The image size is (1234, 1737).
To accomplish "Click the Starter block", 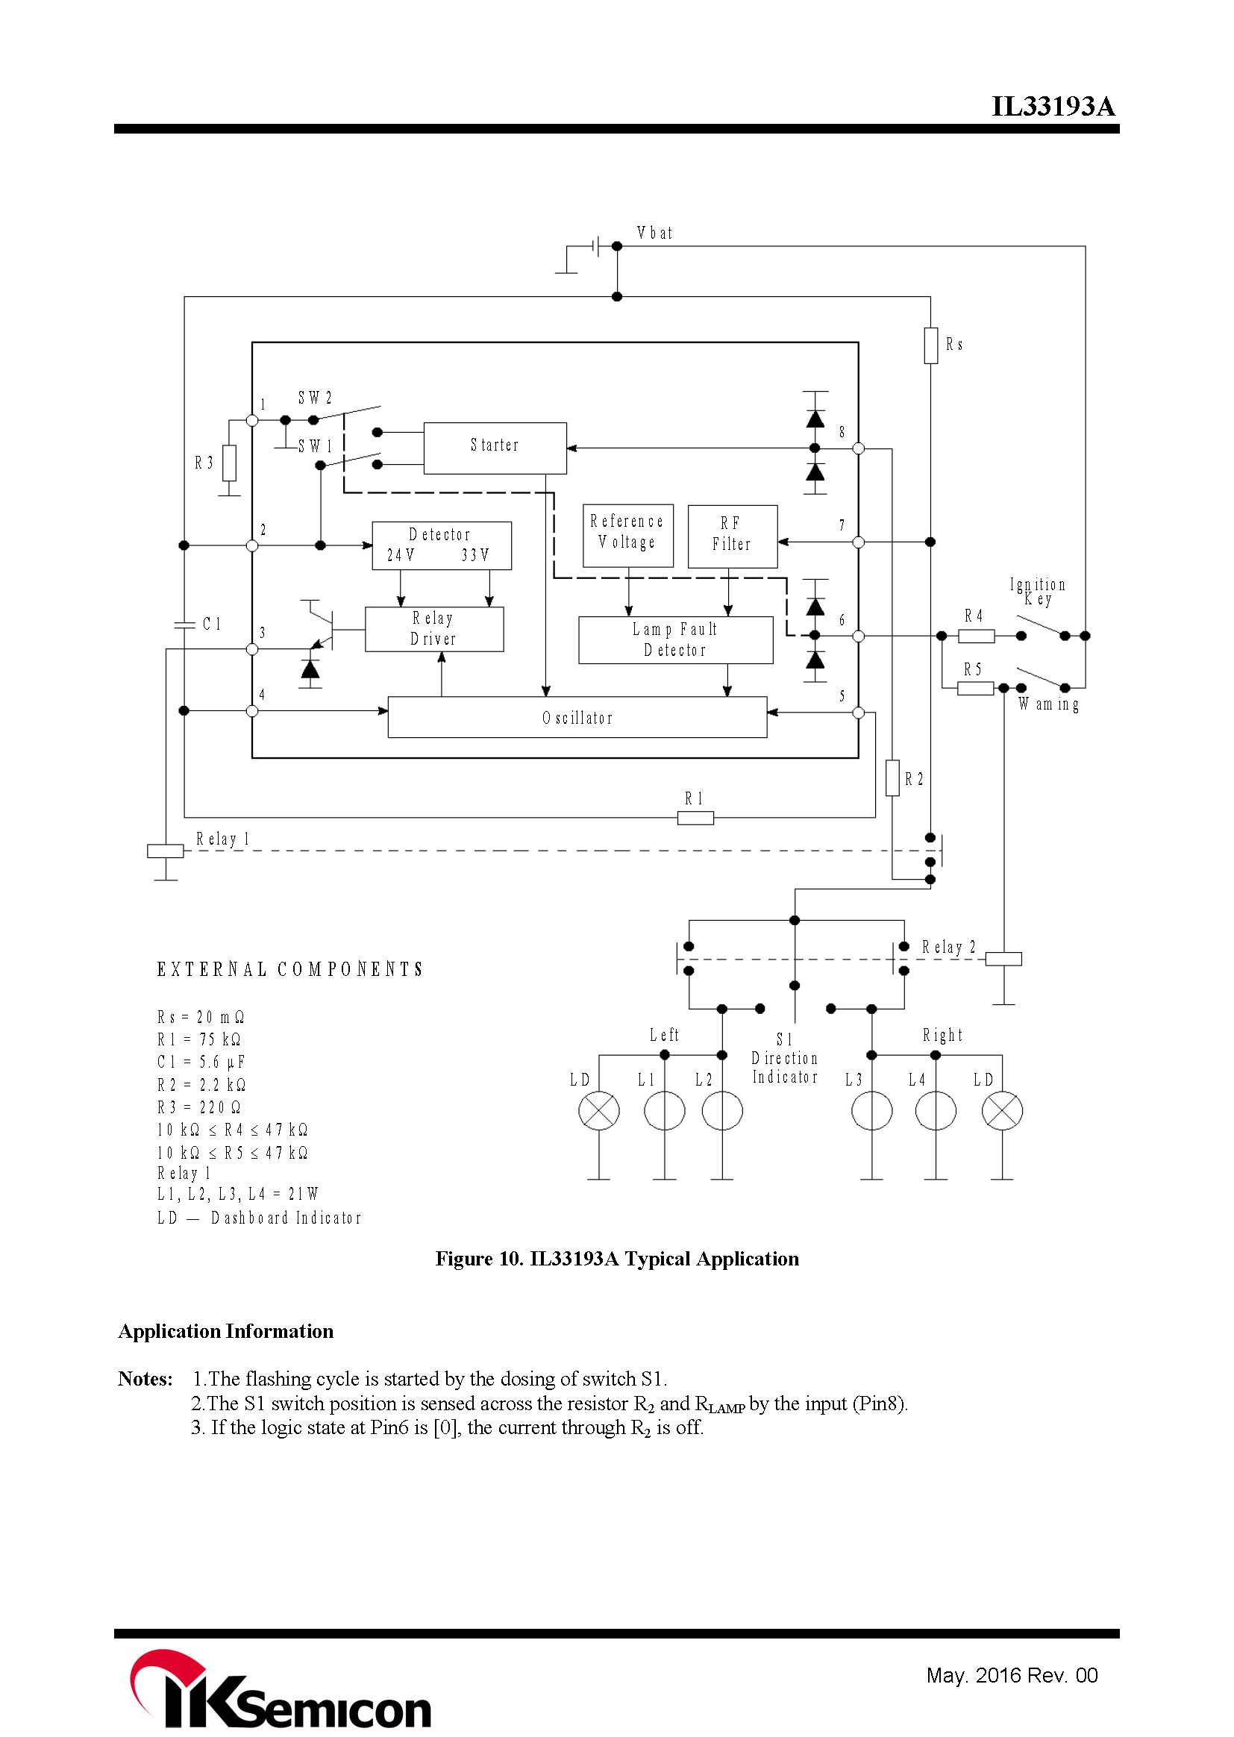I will click(495, 448).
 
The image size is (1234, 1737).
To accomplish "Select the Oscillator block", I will click(577, 716).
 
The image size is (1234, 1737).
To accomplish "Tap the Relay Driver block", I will click(434, 628).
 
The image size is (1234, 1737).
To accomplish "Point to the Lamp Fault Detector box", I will click(675, 639).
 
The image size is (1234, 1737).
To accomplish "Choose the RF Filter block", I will click(732, 536).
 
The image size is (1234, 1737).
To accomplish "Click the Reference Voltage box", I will click(627, 535).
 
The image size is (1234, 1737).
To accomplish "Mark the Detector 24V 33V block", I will click(442, 545).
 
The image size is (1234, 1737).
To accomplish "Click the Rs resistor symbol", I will click(931, 345).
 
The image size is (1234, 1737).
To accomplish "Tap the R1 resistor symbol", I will click(695, 818).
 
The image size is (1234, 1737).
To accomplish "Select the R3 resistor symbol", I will click(229, 463).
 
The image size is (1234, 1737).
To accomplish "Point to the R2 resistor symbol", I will click(893, 777).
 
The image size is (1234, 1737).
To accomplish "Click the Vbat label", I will click(654, 234).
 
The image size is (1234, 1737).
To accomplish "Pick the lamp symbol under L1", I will click(664, 1111).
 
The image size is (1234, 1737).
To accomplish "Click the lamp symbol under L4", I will click(936, 1111).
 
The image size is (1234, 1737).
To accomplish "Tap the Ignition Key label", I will click(1037, 591).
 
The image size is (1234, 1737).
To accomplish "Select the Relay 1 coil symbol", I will click(166, 851).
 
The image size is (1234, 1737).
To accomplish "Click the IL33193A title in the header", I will click(1053, 107).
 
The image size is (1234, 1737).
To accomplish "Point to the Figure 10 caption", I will click(616, 1259).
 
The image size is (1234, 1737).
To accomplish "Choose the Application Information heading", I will click(225, 1331).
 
